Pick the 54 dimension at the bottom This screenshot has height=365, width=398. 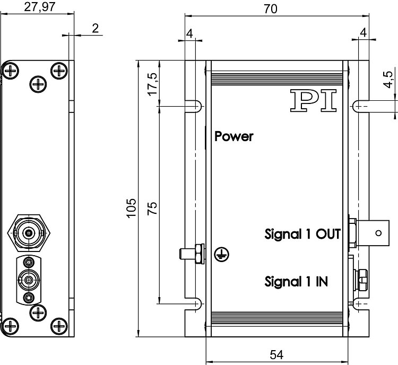point(276,354)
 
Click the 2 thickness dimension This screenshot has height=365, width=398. point(95,29)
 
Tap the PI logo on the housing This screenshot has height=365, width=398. point(314,100)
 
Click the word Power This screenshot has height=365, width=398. point(234,136)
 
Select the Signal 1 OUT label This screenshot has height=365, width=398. point(302,234)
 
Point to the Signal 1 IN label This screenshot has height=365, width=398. point(296,281)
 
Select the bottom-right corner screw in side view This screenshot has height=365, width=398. point(59,323)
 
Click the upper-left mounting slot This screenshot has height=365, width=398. point(195,106)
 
